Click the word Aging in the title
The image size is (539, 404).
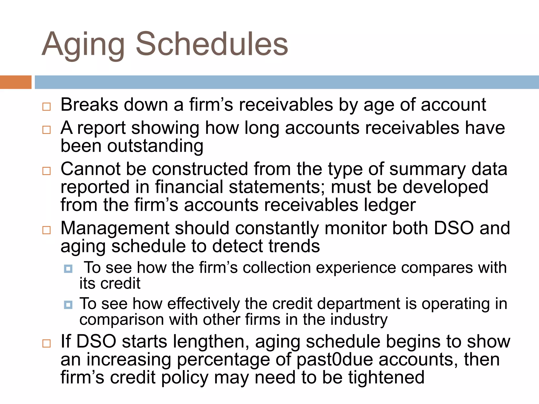pos(83,45)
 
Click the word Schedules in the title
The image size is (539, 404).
pos(212,44)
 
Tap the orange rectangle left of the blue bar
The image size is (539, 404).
pos(16,82)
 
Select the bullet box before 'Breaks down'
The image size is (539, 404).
pos(47,107)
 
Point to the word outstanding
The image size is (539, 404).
pos(155,146)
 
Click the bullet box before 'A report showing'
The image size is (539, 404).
pos(47,130)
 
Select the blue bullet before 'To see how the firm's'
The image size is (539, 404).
pos(68,269)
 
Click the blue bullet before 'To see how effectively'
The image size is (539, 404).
pos(68,305)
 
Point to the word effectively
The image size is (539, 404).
pos(203,304)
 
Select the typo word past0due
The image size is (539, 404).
pos(335,360)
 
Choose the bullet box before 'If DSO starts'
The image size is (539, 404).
pos(47,344)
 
